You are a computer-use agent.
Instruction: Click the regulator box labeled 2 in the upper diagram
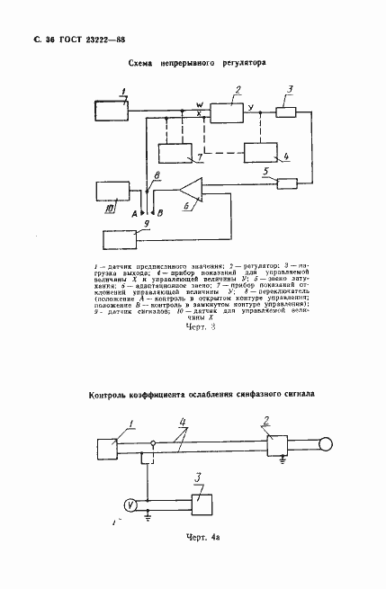click(228, 112)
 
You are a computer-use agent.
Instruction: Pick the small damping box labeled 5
click(287, 183)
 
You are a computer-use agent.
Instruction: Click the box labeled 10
click(112, 191)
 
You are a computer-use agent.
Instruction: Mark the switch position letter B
click(161, 214)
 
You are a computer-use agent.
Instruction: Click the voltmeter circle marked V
click(130, 505)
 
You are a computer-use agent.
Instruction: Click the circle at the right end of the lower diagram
click(325, 443)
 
